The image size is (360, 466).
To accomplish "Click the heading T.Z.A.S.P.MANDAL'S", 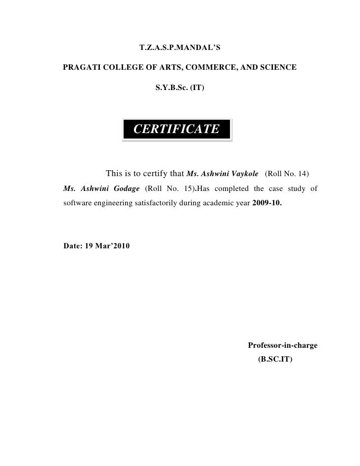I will click(x=180, y=49).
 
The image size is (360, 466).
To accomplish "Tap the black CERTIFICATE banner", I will click(x=177, y=129).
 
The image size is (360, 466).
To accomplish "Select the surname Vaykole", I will click(x=241, y=174).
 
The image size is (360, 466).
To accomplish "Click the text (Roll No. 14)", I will click(x=287, y=174).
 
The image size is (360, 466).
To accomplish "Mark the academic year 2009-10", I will click(x=268, y=203).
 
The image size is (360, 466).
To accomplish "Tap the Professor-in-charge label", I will click(x=282, y=345).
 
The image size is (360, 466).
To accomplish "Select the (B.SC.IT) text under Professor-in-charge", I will click(x=275, y=361).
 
